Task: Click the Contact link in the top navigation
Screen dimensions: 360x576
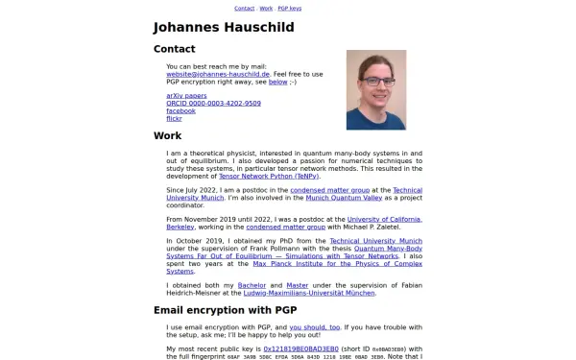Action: pos(244,8)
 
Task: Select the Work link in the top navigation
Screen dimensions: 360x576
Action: pos(266,8)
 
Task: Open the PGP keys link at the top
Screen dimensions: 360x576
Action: pos(290,8)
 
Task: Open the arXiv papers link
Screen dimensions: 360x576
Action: pos(186,96)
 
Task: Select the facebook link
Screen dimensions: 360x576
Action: pos(180,111)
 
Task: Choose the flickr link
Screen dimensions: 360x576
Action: pos(174,119)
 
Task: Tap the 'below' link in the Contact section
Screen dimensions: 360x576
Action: pos(278,82)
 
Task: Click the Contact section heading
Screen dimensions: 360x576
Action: pos(175,49)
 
